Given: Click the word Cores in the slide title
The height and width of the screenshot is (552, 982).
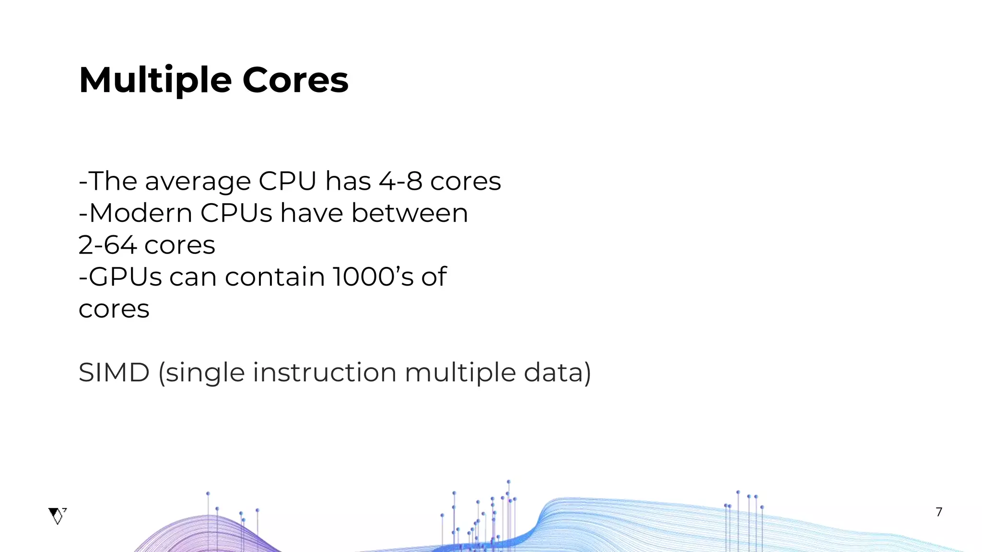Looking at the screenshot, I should (295, 80).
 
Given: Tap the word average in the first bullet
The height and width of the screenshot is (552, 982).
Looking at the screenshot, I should (198, 182).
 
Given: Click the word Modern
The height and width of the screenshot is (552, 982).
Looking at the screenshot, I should (140, 213).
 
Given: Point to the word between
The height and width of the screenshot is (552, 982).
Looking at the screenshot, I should (409, 213).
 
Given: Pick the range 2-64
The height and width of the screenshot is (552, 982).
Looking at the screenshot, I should (107, 245).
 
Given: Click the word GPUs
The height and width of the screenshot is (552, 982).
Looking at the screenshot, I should (126, 277).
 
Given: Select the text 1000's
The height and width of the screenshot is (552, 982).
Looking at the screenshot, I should (373, 277).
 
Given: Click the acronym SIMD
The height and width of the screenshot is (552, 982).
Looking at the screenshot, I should (114, 373).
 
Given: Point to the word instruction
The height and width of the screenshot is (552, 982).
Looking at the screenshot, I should (325, 373).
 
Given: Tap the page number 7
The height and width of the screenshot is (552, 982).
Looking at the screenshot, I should (939, 512).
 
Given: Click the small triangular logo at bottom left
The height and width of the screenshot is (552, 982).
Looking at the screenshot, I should (57, 516).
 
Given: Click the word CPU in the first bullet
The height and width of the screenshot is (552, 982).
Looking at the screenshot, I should (288, 181).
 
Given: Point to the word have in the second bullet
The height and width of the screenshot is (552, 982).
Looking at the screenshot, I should (312, 213).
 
